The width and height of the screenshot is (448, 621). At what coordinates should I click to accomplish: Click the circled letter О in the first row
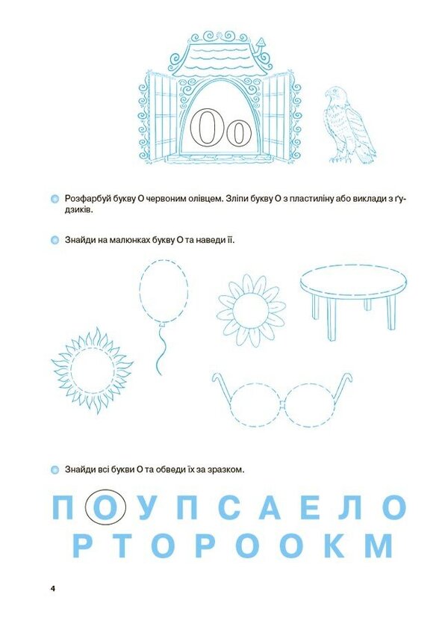pos(105,509)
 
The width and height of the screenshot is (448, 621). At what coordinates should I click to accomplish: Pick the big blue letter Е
pos(311,509)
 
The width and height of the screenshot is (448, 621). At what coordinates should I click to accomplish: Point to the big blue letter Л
pos(349,509)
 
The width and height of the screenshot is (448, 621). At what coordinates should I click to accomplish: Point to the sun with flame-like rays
pos(92,369)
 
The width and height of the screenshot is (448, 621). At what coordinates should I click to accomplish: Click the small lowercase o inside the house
pos(238,133)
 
